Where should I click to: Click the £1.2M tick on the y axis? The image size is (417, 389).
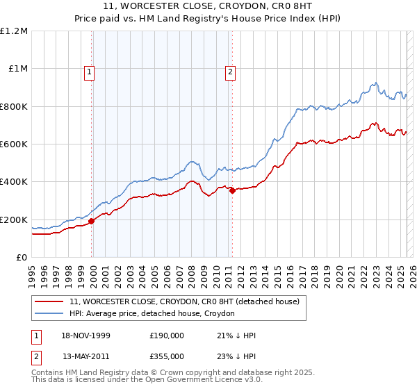click(x=14, y=31)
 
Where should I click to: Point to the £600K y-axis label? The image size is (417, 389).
click(x=14, y=144)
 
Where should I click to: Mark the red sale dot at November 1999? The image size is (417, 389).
click(x=91, y=222)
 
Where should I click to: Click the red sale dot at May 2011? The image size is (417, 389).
click(x=232, y=191)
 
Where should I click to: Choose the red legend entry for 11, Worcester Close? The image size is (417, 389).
click(x=184, y=301)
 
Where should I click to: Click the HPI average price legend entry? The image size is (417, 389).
click(x=152, y=313)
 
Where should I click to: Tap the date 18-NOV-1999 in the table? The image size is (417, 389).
click(x=87, y=336)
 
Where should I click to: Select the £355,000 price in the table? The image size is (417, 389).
click(x=166, y=356)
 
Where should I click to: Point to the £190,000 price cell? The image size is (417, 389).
click(x=166, y=336)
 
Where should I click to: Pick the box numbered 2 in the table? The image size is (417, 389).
click(x=36, y=356)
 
